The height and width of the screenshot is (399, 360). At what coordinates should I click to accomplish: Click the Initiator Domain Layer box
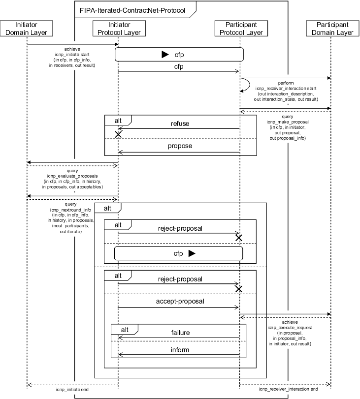click(27, 29)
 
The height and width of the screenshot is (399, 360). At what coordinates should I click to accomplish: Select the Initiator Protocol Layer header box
click(118, 29)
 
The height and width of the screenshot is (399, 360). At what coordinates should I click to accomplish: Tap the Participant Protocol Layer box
click(240, 29)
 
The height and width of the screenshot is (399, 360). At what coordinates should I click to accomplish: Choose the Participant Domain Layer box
click(331, 29)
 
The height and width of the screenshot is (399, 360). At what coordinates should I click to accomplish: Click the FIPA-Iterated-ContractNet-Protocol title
click(132, 9)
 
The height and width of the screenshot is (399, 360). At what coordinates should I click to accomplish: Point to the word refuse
click(180, 123)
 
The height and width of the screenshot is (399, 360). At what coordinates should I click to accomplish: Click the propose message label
click(180, 146)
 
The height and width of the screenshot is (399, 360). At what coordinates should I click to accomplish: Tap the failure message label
click(180, 332)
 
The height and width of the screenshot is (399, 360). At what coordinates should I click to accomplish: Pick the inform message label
click(180, 350)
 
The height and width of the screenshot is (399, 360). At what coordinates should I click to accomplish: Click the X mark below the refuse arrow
click(118, 134)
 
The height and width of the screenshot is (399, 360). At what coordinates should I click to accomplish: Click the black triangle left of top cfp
click(165, 55)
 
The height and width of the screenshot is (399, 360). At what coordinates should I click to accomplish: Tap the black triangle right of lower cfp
click(192, 253)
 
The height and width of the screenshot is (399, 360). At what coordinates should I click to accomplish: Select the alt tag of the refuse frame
click(117, 120)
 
